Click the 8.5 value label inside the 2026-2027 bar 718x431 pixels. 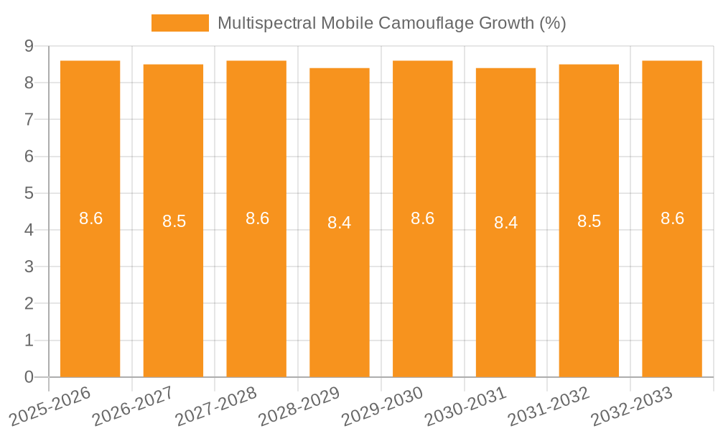click(174, 221)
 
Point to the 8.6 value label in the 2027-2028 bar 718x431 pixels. click(257, 218)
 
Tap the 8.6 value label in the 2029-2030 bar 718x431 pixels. click(422, 218)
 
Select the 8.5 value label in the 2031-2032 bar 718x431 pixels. click(589, 221)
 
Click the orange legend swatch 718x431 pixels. click(179, 23)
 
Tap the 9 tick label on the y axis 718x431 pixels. click(29, 46)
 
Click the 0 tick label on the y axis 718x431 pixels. click(29, 377)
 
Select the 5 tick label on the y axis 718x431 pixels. click(29, 193)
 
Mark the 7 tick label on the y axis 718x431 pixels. click(29, 119)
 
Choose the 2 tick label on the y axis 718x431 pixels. click(29, 303)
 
